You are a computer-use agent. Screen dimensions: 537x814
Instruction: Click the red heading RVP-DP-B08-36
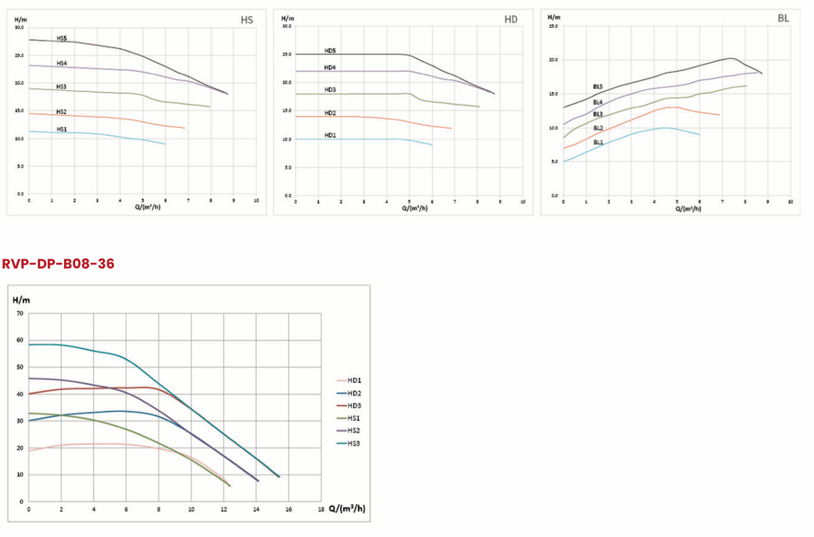pos(58,264)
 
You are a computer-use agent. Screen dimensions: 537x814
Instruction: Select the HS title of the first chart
pos(246,19)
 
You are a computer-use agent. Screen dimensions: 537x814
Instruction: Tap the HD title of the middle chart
pos(511,19)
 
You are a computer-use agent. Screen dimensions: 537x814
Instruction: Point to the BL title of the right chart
pos(783,18)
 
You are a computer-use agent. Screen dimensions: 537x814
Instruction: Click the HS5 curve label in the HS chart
pos(62,39)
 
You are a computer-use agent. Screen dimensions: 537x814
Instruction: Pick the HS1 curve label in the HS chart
pos(61,129)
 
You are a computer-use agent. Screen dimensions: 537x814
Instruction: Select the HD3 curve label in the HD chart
pos(330,90)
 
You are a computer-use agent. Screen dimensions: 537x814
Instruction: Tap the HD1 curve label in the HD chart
pos(330,135)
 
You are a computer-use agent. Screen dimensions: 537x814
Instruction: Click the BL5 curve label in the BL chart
pos(598,86)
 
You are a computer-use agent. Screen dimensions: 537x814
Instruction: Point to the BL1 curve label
pos(598,142)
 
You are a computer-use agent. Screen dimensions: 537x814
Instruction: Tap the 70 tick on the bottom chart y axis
pos(19,314)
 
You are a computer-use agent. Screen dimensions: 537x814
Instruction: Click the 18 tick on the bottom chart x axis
pos(321,509)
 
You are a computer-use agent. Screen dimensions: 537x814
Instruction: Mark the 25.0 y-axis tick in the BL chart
pos(553,26)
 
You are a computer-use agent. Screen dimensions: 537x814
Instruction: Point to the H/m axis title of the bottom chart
pos(21,300)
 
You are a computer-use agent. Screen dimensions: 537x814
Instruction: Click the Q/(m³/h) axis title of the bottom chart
pos(347,509)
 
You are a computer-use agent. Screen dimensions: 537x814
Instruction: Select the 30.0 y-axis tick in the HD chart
pos(287,27)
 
